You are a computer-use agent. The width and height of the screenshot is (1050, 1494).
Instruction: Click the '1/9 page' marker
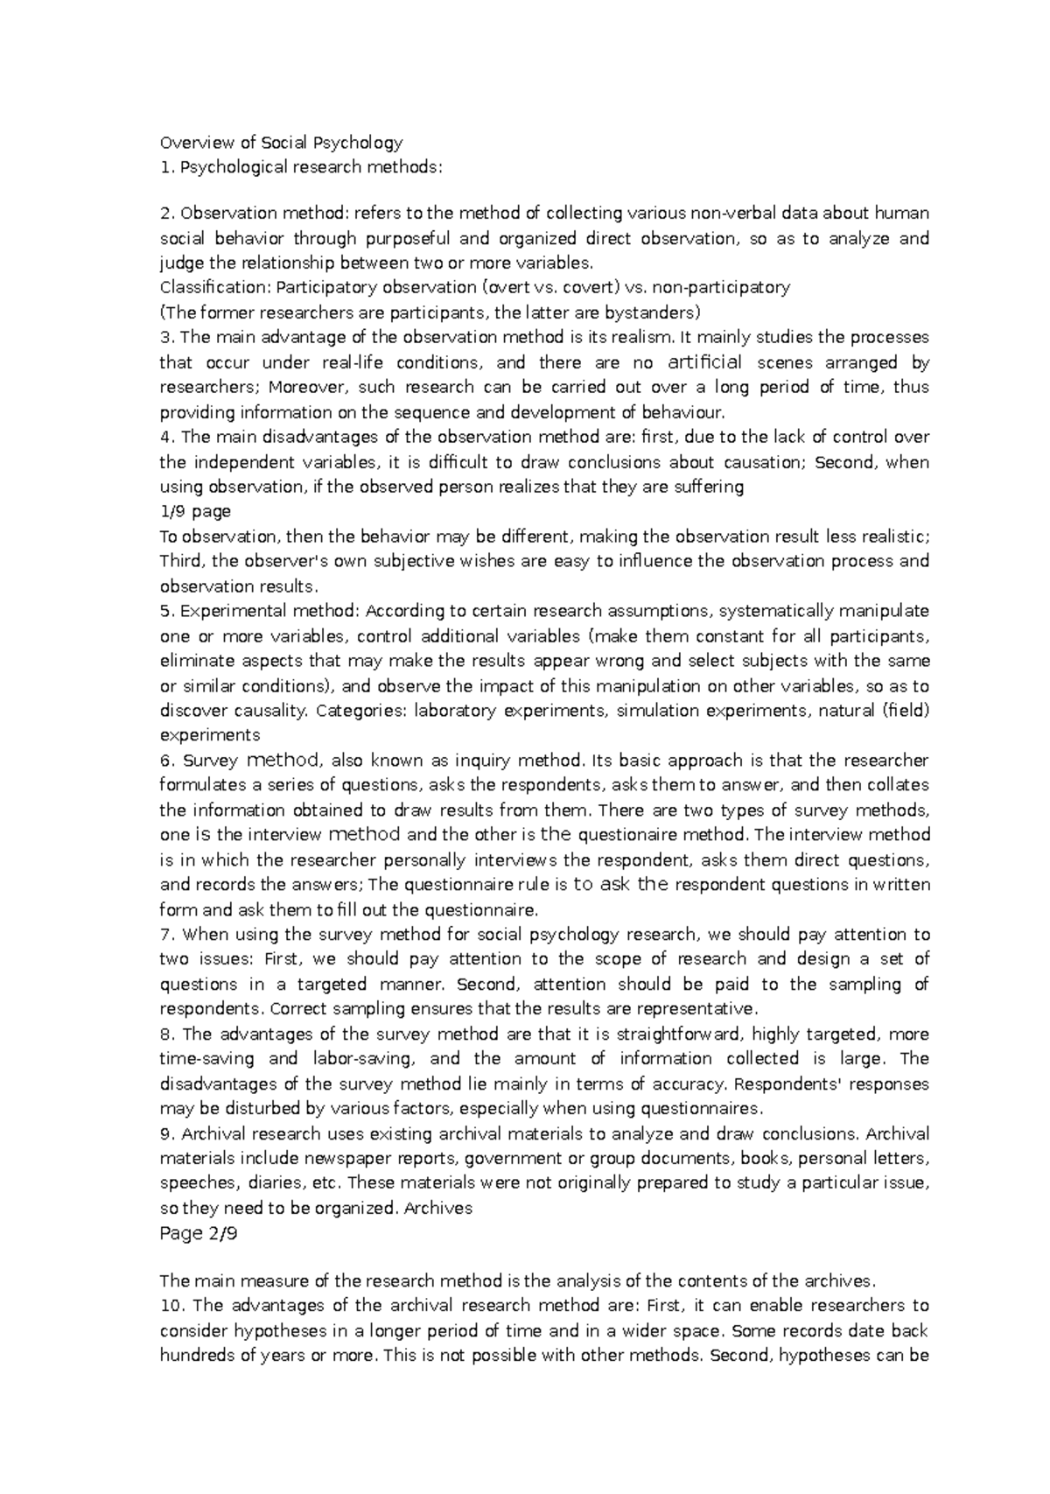pos(194,512)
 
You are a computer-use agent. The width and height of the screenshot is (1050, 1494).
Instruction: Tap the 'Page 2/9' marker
pos(199,1234)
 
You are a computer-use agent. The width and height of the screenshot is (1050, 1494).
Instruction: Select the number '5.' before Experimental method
pos(167,611)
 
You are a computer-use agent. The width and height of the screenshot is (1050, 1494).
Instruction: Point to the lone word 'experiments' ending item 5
pos(209,735)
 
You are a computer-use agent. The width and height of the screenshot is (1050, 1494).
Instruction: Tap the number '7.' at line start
pos(167,935)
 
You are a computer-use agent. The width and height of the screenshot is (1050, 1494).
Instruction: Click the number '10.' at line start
pos(171,1306)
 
